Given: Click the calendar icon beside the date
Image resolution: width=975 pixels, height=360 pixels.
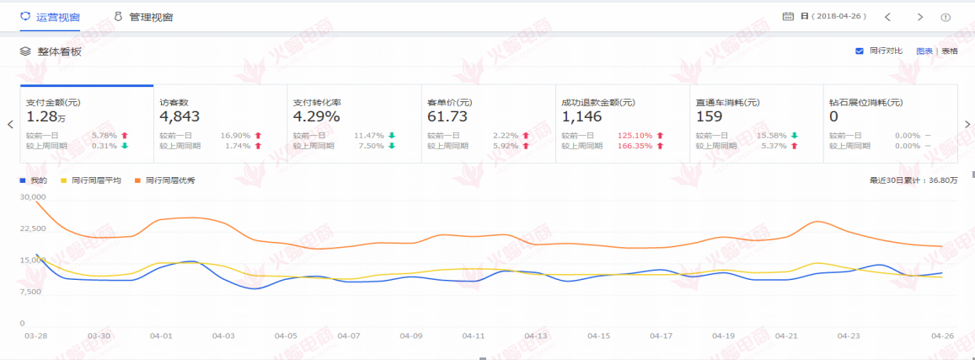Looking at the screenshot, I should [x=788, y=17].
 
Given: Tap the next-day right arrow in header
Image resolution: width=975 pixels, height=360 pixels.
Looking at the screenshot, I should [x=920, y=17].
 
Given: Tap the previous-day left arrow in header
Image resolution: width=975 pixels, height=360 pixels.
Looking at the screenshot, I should [x=887, y=17].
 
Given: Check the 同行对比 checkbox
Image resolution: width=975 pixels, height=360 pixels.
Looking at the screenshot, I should [x=860, y=51].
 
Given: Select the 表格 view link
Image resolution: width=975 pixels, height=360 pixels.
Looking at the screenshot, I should [x=950, y=51].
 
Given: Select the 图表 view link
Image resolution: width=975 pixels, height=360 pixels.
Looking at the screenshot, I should [x=924, y=51].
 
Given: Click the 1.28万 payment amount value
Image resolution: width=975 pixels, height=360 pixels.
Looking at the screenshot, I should [x=44, y=117].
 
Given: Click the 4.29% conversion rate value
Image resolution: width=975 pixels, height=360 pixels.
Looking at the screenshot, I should [x=316, y=117].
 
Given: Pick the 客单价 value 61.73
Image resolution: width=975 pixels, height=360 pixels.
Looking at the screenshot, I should [x=447, y=117].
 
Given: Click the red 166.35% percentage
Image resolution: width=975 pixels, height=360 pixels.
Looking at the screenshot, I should [x=635, y=146].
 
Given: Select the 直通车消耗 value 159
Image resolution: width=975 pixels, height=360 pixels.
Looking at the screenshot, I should [x=710, y=117].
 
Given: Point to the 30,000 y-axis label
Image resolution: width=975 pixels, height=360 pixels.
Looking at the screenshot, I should [x=34, y=197].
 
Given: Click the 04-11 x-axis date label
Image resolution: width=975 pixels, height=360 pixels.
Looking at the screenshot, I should [x=474, y=336].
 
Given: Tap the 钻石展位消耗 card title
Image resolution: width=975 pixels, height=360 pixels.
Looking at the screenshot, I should [x=865, y=103].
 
